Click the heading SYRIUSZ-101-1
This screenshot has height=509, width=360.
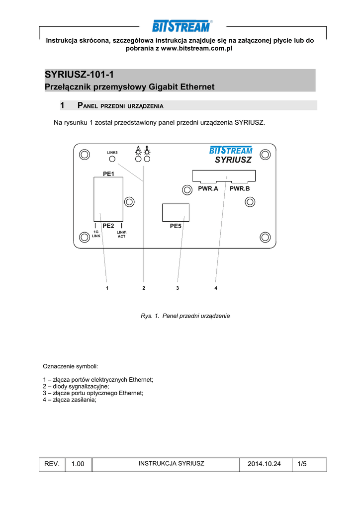[x=80, y=75]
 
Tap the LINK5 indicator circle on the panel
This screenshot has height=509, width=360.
[x=112, y=159]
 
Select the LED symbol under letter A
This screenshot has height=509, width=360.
[x=138, y=153]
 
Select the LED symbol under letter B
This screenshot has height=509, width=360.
[x=147, y=153]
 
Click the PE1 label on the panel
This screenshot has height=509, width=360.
[x=108, y=174]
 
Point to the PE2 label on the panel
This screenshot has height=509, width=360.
[x=108, y=226]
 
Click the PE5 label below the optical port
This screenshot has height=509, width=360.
[x=176, y=226]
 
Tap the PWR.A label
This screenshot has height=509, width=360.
[x=208, y=189]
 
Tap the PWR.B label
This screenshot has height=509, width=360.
[x=240, y=189]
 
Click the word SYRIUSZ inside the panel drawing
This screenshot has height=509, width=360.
[x=233, y=160]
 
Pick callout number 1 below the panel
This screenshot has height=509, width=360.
[x=107, y=288]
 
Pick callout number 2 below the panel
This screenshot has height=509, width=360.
[x=143, y=288]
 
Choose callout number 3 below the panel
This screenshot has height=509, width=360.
[x=177, y=288]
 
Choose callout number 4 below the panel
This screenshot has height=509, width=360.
[x=216, y=288]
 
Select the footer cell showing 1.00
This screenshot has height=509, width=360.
[x=78, y=464]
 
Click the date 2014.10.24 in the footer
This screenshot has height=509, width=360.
[x=264, y=464]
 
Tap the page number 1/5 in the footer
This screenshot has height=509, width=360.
[x=302, y=464]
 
